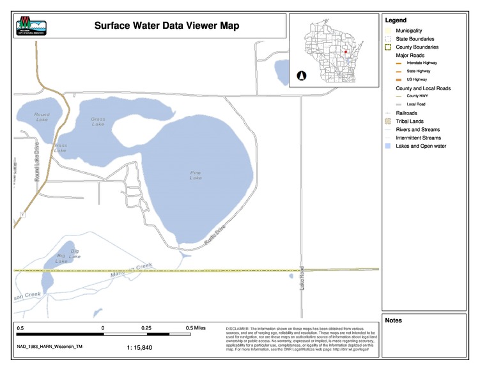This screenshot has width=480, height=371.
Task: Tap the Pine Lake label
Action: pyautogui.click(x=196, y=175)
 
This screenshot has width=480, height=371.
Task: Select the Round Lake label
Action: pyautogui.click(x=42, y=117)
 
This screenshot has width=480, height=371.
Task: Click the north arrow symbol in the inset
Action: pyautogui.click(x=301, y=75)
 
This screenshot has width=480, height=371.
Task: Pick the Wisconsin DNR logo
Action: pyautogui.click(x=31, y=26)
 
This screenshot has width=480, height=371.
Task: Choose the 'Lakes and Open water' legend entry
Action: pyautogui.click(x=421, y=146)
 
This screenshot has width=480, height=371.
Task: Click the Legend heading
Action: pyautogui.click(x=396, y=20)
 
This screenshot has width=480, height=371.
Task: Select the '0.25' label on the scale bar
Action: pyautogui.click(x=146, y=328)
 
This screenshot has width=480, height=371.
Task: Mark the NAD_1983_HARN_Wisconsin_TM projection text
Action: pyautogui.click(x=50, y=347)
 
